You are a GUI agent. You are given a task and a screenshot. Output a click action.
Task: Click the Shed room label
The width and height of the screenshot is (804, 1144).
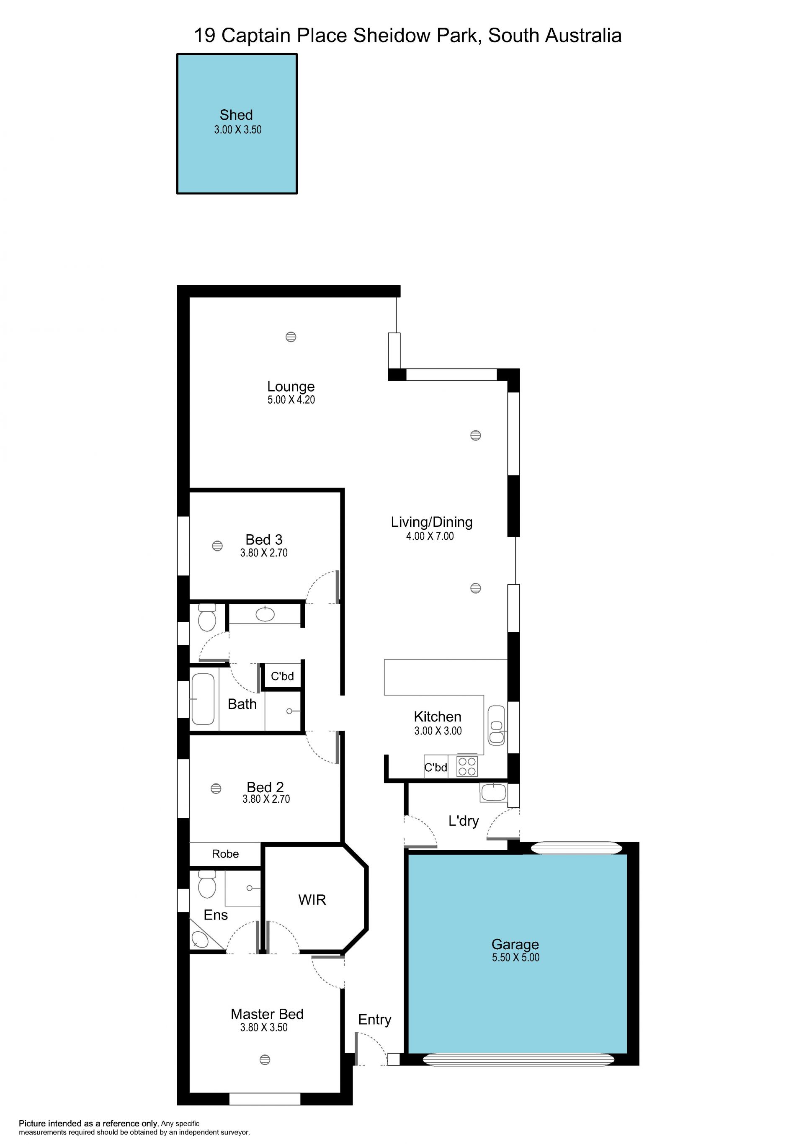(x=236, y=115)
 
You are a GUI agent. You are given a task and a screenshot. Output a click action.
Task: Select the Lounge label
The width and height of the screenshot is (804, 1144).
(x=291, y=386)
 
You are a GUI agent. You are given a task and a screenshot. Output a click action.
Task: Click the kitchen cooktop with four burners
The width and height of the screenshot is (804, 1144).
(x=467, y=766)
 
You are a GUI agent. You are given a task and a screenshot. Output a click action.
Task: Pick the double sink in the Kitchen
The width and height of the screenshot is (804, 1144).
(x=496, y=725)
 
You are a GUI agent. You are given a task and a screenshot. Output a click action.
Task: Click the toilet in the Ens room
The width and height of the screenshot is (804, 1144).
(x=207, y=884)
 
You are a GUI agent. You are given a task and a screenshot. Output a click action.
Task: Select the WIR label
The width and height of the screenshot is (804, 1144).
(x=312, y=900)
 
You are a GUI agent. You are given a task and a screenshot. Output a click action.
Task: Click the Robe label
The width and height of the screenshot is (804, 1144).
(x=225, y=854)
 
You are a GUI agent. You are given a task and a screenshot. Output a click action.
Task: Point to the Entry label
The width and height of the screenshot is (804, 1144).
(x=375, y=1020)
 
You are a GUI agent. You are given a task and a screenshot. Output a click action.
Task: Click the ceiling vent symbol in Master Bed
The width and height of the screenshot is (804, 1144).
(x=265, y=1060)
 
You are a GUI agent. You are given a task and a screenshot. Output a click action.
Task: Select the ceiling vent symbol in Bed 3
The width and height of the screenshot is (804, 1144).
(x=217, y=546)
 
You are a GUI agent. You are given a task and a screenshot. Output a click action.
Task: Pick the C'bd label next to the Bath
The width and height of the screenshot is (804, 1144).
(x=282, y=676)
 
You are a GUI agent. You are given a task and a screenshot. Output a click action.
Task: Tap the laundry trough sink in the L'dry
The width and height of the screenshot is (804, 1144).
(x=494, y=793)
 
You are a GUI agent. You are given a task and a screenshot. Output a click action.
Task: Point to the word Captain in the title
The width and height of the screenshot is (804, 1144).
(x=256, y=36)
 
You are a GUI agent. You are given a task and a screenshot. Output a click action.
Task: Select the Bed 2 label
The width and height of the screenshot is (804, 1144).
(x=265, y=787)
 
